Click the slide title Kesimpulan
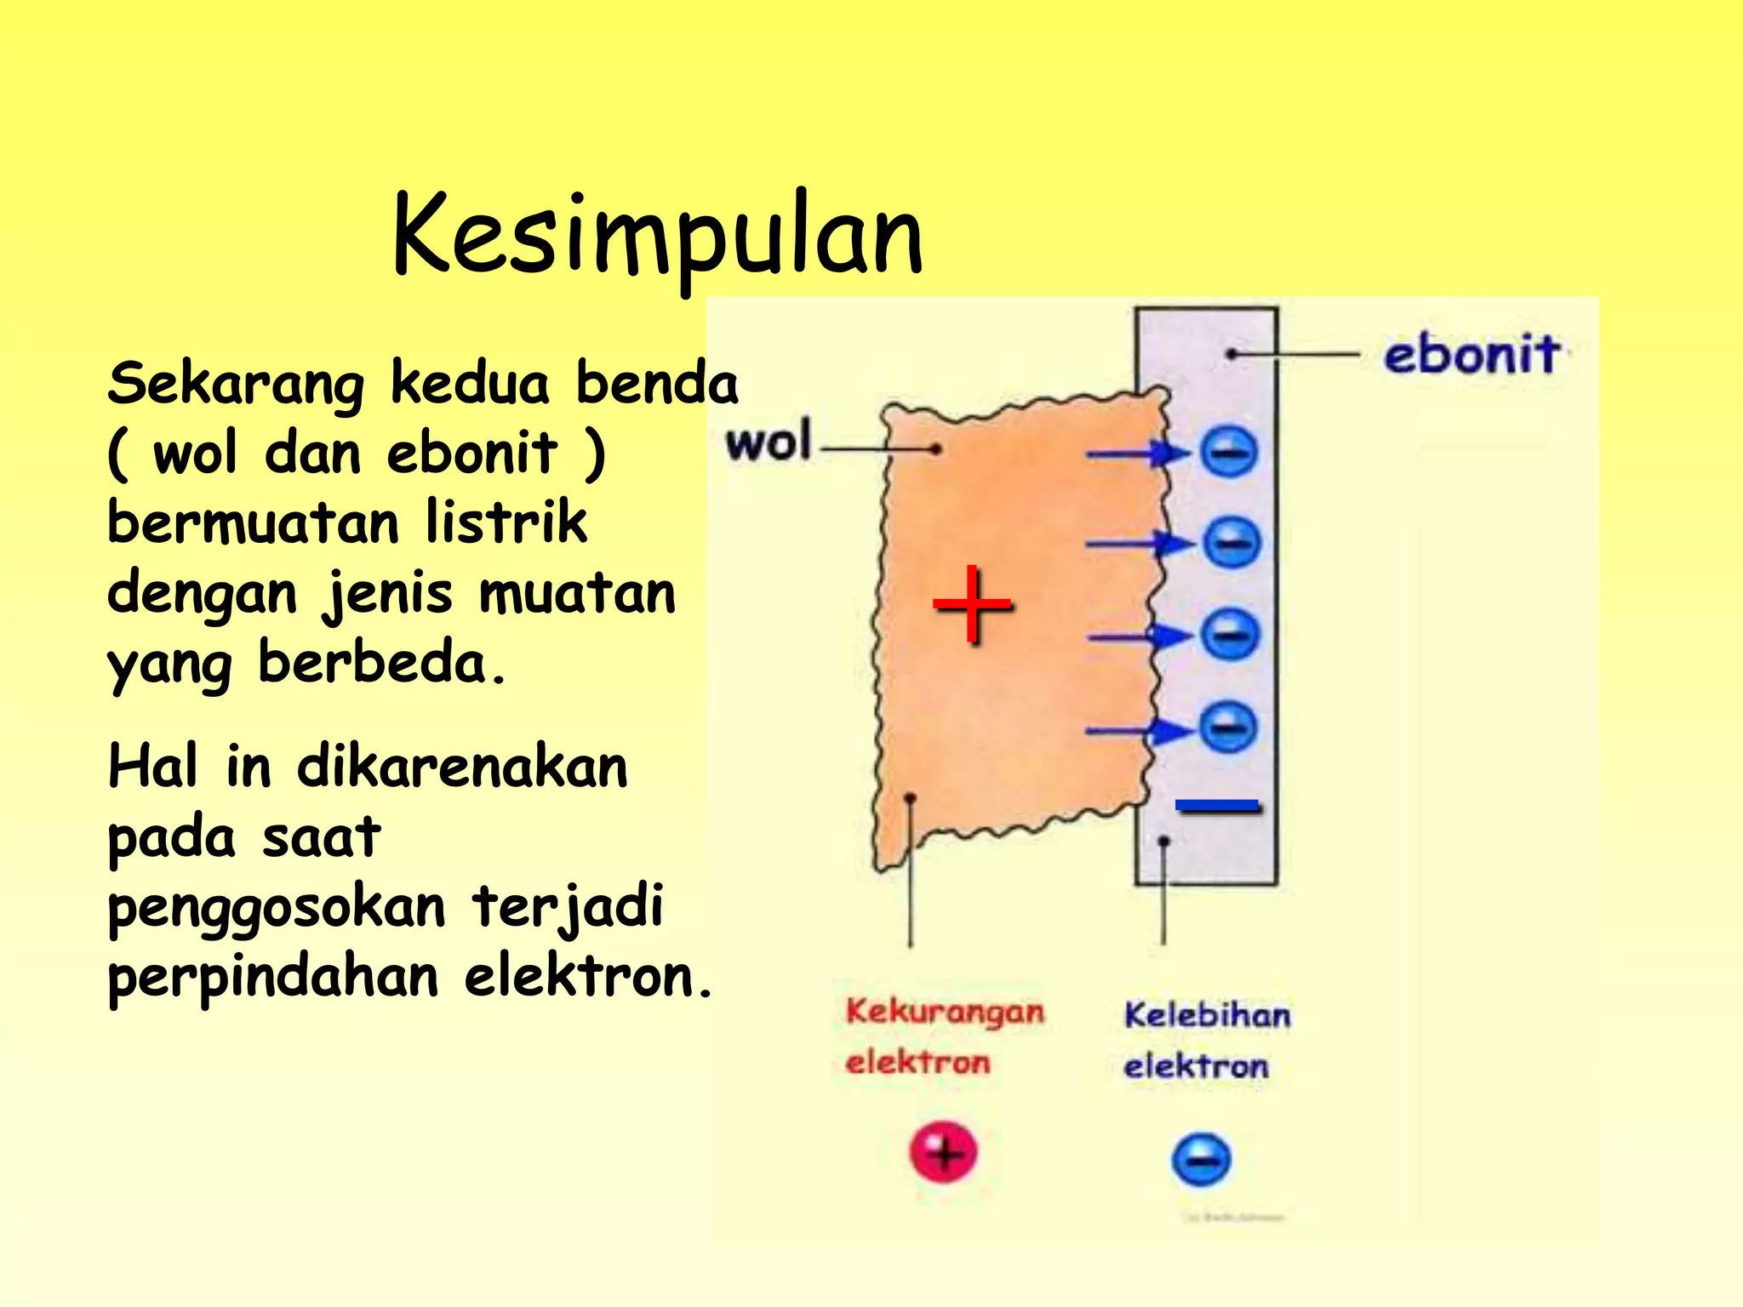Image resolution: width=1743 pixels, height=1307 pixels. [x=657, y=236]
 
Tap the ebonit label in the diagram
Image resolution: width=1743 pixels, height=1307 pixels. [x=1472, y=354]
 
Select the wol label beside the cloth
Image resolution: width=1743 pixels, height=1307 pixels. [x=769, y=442]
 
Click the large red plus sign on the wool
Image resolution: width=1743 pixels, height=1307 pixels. [x=972, y=605]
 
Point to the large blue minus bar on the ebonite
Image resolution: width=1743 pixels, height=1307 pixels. [x=1216, y=805]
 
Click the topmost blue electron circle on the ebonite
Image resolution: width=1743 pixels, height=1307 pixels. [x=1228, y=451]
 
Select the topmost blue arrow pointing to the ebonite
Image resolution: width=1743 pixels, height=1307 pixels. [x=1136, y=454]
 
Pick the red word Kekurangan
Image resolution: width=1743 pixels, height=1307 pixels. [x=945, y=1012]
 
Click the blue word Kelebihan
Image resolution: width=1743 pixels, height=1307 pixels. [x=1207, y=1015]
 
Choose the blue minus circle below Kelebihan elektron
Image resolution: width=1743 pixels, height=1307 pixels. [x=1201, y=1160]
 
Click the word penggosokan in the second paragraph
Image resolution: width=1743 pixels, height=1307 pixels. [x=277, y=908]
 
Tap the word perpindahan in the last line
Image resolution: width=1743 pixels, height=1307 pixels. [x=273, y=978]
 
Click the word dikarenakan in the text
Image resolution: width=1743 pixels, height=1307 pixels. [x=461, y=767]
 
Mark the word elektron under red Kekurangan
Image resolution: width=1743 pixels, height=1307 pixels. [x=918, y=1063]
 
